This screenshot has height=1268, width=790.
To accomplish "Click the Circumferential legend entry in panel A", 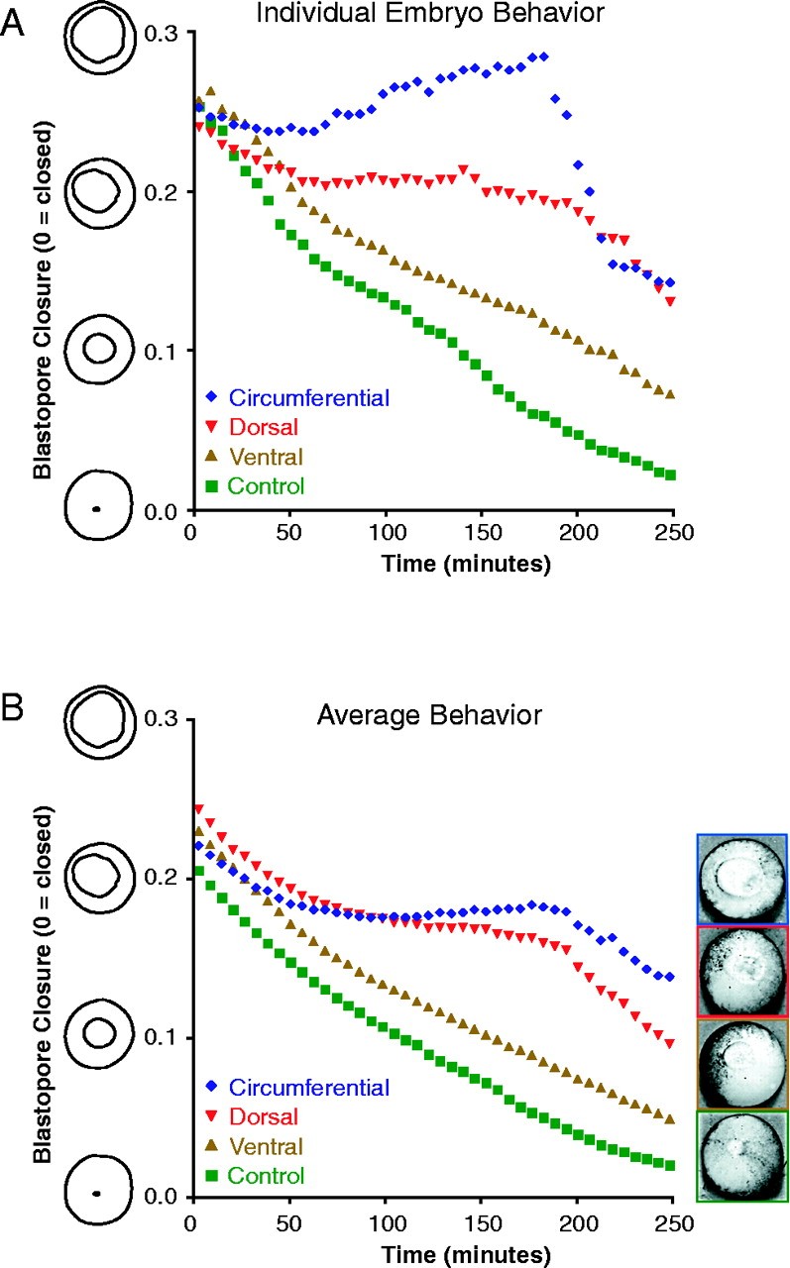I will coord(296,398).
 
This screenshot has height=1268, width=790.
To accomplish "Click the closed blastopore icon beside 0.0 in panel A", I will coord(96,509).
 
